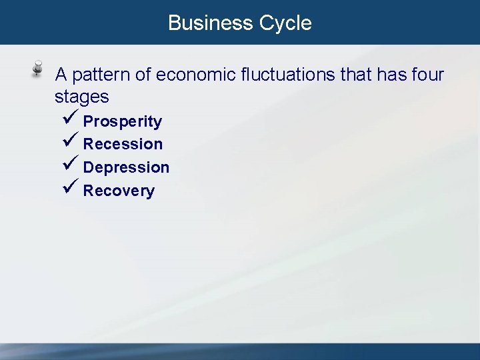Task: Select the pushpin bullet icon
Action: pos(39,70)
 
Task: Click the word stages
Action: pos(81,97)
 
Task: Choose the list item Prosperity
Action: pos(122,121)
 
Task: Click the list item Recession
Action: pos(123,144)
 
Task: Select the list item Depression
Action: pos(126,167)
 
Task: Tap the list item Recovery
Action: pos(119,191)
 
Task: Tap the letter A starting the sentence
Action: pos(61,75)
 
